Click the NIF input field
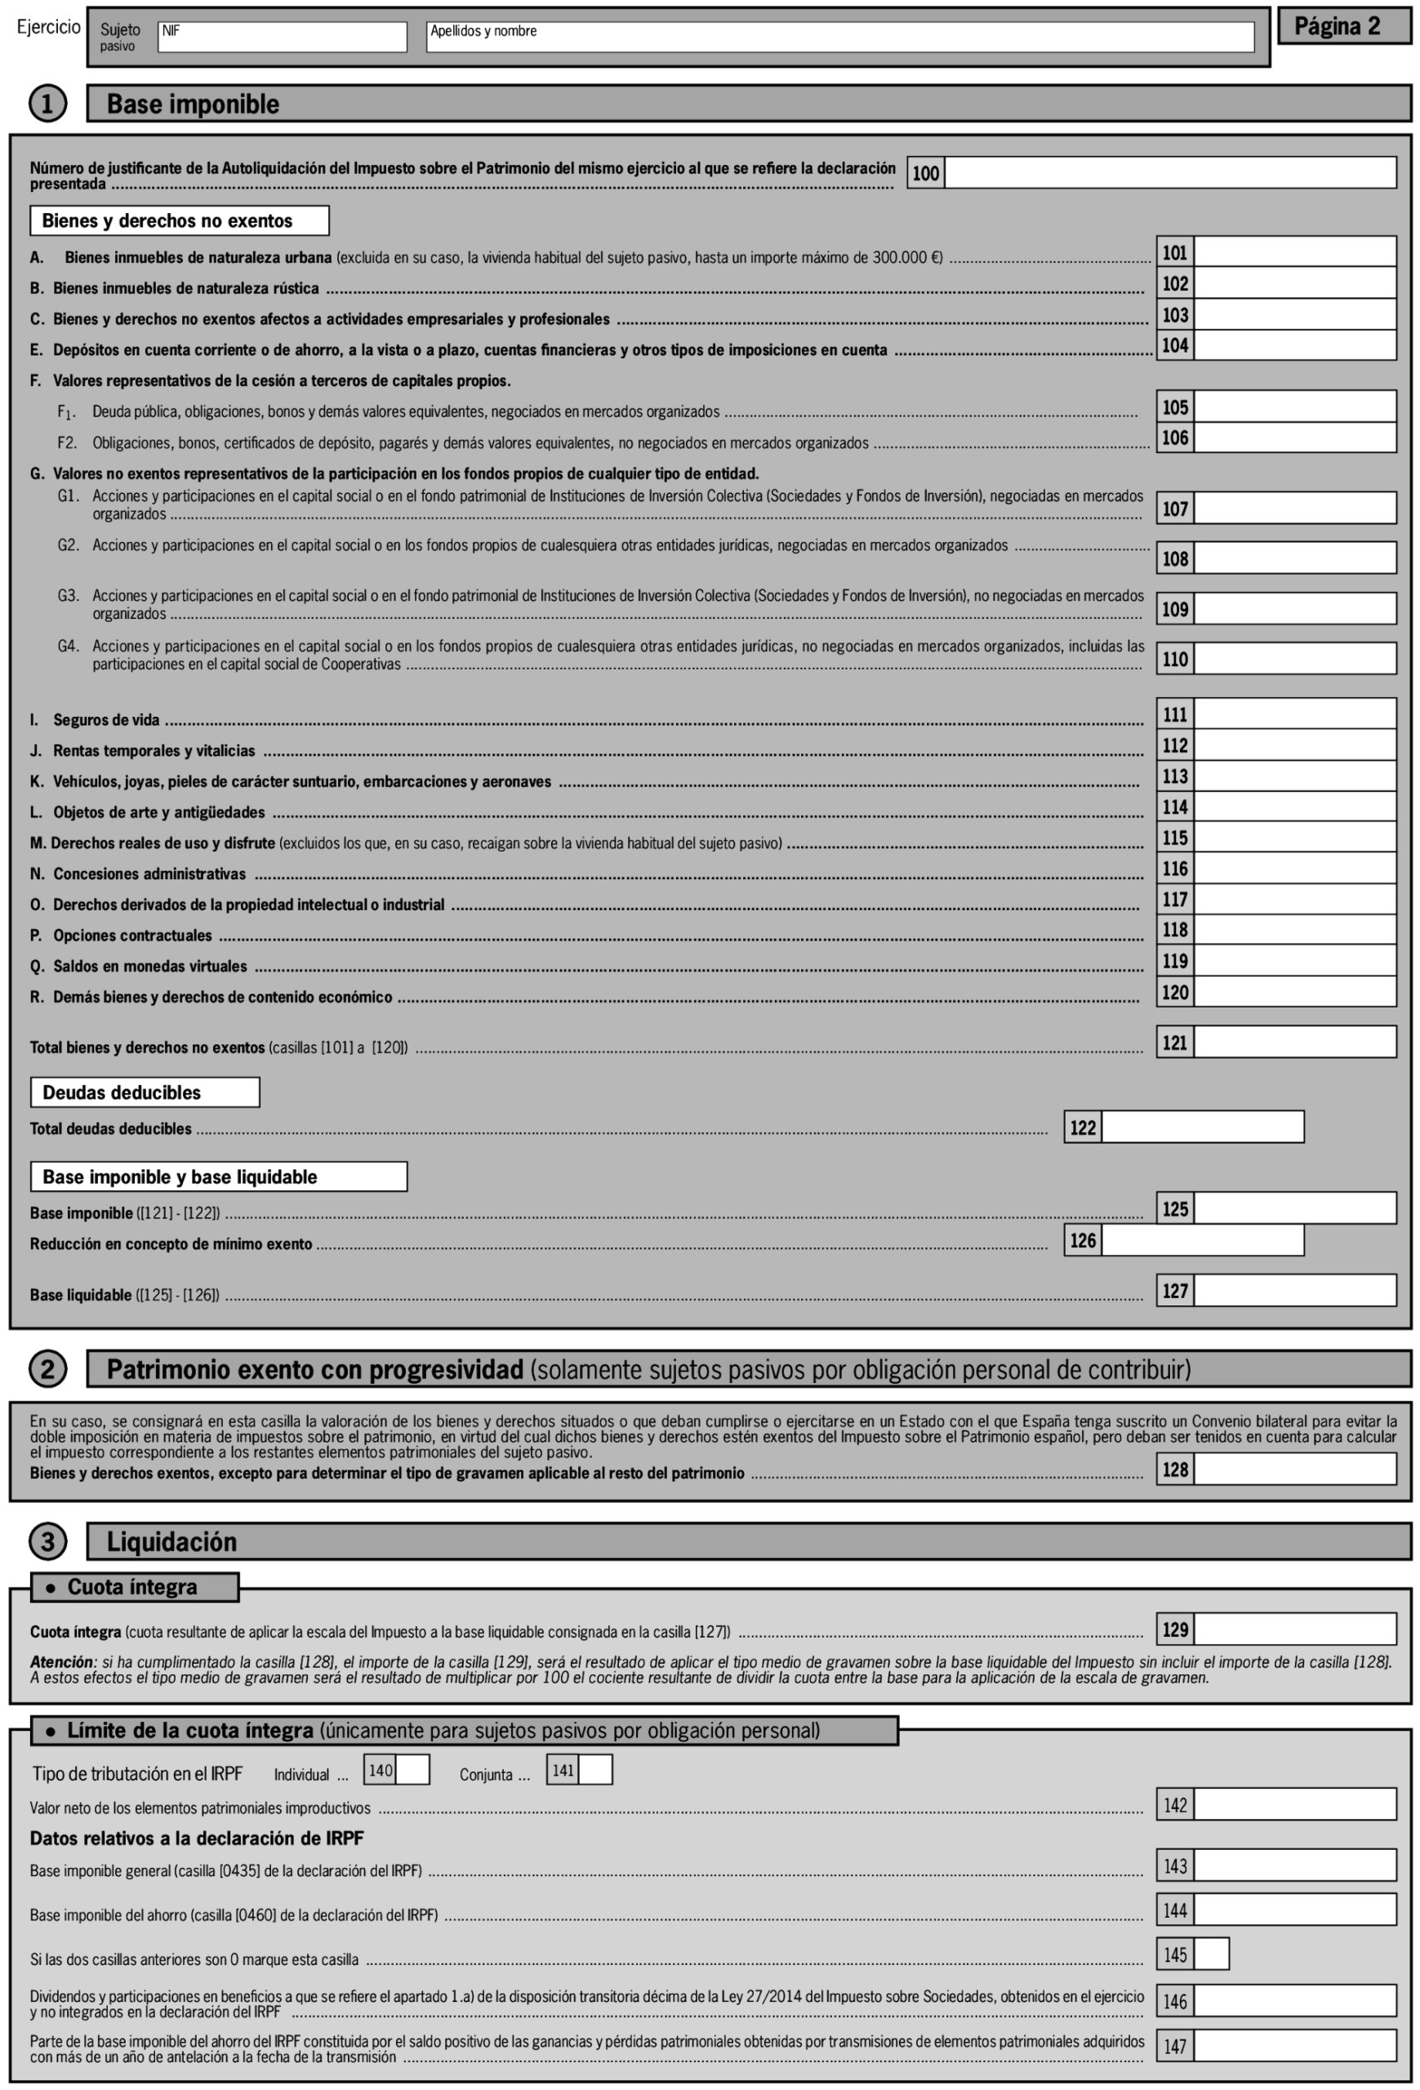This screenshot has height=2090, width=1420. (282, 37)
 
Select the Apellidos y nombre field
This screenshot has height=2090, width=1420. (839, 37)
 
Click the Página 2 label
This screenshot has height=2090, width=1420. (1343, 27)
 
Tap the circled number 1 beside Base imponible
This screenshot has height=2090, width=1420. (47, 104)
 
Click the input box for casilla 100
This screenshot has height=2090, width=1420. (1169, 172)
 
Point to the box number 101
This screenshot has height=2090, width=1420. (1174, 253)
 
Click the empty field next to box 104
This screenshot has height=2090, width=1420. (1294, 345)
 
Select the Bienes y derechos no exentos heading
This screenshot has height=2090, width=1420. (180, 220)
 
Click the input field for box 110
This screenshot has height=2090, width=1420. (1294, 658)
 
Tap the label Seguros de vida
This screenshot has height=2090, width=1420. (106, 719)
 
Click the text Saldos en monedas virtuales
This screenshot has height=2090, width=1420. (149, 966)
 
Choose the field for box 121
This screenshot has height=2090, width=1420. (1294, 1043)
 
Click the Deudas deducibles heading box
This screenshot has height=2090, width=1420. (145, 1092)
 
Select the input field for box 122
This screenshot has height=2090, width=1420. (1201, 1127)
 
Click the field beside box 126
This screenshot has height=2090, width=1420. (1201, 1241)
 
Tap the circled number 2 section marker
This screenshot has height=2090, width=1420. (47, 1369)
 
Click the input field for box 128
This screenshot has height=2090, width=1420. (1294, 1470)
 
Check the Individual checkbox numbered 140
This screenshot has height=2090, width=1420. (412, 1770)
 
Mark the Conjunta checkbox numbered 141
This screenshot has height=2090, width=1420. (594, 1770)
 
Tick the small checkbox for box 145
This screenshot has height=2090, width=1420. (1210, 1954)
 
